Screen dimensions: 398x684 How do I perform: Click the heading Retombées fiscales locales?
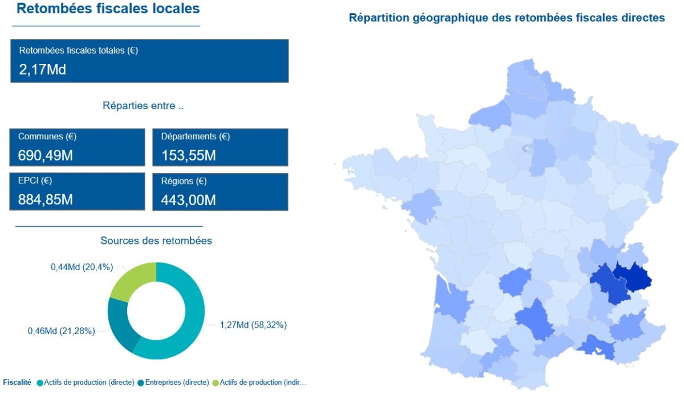(108, 9)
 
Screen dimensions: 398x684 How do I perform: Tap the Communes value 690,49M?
(46, 155)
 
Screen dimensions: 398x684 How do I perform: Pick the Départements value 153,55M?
(189, 155)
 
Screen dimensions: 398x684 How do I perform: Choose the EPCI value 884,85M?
(46, 200)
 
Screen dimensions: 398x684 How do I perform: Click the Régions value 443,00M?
(189, 200)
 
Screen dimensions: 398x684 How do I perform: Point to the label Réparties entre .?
(143, 106)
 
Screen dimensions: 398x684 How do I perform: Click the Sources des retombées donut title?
(156, 241)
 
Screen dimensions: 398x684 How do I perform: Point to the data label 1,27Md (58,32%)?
(253, 325)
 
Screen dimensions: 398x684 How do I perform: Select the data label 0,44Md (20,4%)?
(82, 267)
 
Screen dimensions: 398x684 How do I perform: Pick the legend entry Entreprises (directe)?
(177, 383)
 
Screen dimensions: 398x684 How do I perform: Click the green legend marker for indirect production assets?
(215, 383)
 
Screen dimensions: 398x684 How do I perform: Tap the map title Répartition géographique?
(507, 18)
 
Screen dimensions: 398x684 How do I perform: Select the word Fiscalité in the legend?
(17, 383)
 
